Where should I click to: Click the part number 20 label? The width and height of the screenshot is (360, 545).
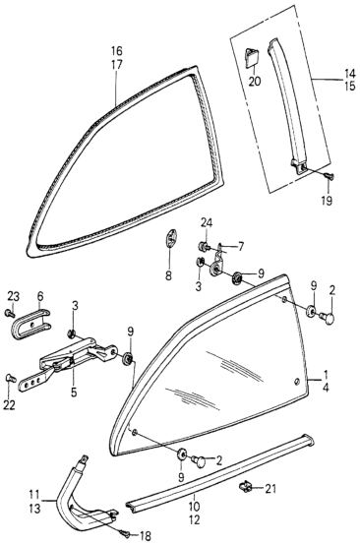click(255, 82)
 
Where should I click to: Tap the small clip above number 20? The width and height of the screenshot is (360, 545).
click(252, 57)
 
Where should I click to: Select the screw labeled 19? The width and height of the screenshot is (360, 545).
click(330, 177)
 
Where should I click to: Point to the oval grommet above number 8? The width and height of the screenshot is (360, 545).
click(169, 239)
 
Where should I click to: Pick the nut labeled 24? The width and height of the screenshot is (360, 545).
click(204, 247)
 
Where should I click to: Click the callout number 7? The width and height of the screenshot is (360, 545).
click(240, 247)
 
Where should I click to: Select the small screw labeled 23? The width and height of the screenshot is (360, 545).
click(10, 314)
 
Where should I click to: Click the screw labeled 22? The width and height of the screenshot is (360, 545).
click(10, 378)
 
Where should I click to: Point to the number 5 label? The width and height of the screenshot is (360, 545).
click(74, 393)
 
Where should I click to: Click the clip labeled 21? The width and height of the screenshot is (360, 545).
click(245, 488)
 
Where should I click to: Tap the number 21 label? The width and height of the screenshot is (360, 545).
click(270, 489)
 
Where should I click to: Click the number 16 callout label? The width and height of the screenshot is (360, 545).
click(117, 51)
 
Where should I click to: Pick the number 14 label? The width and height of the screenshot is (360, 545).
click(350, 74)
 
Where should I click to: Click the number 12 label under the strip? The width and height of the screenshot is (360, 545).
click(195, 520)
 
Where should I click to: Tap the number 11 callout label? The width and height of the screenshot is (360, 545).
click(35, 494)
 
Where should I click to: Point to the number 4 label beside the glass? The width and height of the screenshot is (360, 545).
click(326, 388)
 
